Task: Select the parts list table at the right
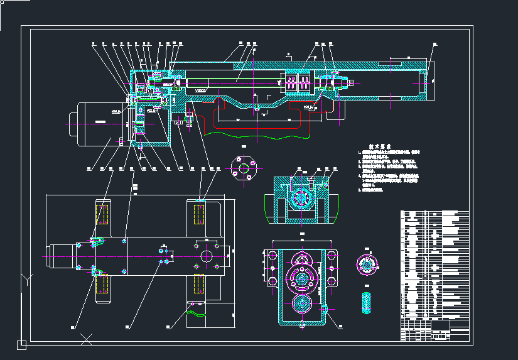(x=434, y=275)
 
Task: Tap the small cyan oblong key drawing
(x=367, y=302)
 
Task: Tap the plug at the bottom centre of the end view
(x=301, y=325)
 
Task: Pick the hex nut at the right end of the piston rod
(x=349, y=82)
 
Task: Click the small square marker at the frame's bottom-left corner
(x=21, y=344)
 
